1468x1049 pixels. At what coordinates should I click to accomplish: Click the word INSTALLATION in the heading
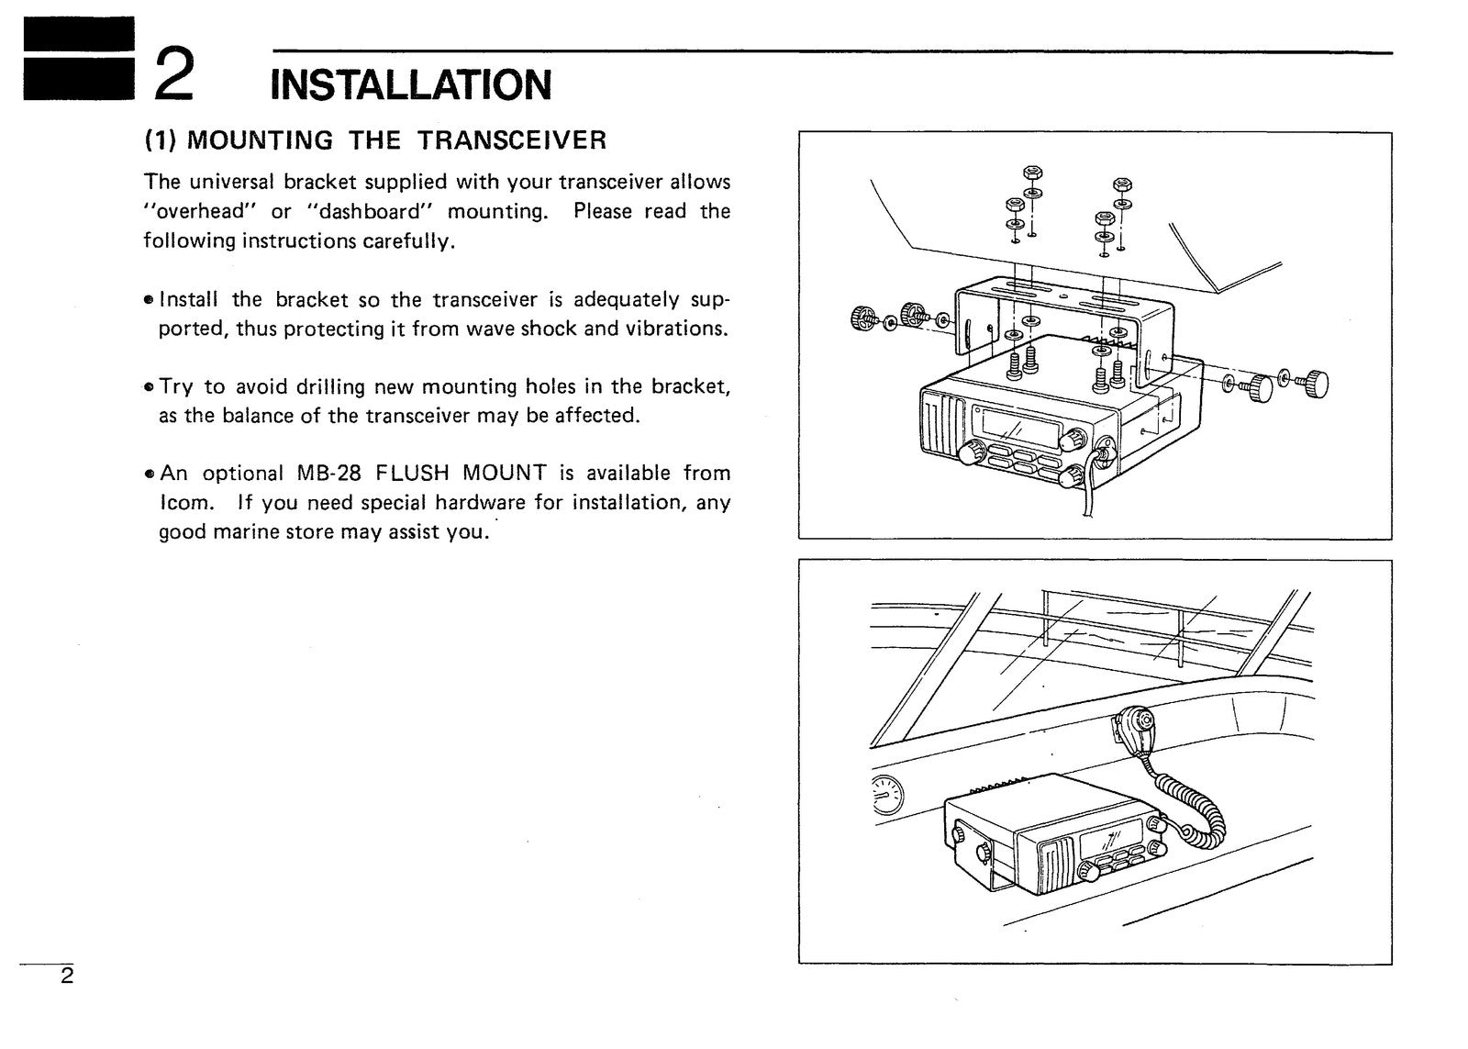pos(411,84)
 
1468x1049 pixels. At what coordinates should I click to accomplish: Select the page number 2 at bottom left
pos(67,976)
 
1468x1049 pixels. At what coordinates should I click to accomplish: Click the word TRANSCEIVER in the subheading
pos(512,140)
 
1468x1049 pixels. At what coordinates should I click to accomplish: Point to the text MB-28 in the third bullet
pos(329,474)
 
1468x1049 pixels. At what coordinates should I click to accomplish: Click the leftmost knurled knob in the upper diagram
pos(864,318)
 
